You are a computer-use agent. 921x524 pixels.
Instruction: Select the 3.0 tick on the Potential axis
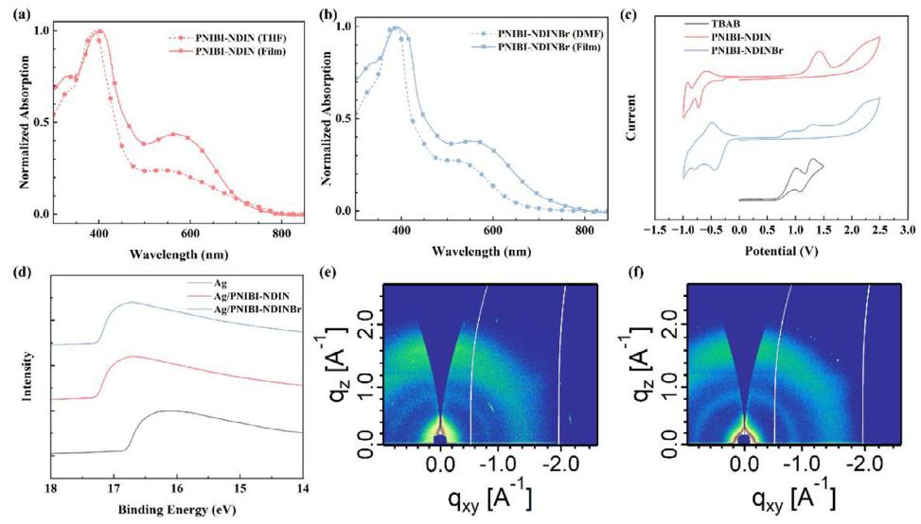tap(906, 230)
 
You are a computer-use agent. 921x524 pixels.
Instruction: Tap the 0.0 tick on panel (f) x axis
tap(746, 466)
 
